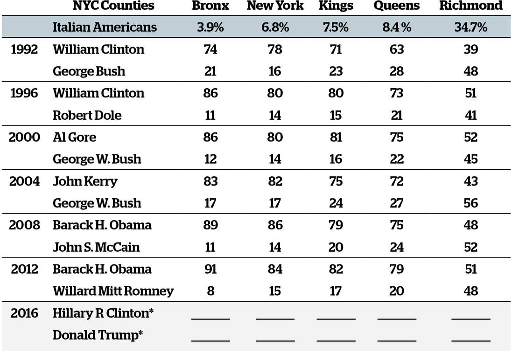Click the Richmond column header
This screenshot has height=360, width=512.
(470, 6)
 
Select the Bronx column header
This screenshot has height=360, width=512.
(210, 6)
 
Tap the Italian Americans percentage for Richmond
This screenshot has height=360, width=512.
(470, 27)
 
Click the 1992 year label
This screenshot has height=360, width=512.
(24, 49)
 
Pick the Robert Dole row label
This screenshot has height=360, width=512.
(87, 115)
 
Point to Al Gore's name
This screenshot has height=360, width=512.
(74, 137)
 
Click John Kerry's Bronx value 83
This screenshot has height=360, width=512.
(210, 181)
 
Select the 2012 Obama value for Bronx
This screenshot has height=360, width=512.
(210, 269)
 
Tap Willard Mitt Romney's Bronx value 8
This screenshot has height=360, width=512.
(210, 291)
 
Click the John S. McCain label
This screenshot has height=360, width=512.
(96, 247)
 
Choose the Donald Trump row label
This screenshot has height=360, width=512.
(98, 335)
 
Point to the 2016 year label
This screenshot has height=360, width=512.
(24, 313)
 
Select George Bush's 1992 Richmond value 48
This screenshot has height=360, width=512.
(470, 71)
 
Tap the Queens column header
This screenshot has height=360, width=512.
(396, 6)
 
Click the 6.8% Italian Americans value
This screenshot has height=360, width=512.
(275, 27)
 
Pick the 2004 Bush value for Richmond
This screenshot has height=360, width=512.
(470, 203)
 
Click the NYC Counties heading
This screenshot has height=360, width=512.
(113, 6)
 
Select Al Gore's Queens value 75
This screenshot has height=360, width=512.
(396, 137)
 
